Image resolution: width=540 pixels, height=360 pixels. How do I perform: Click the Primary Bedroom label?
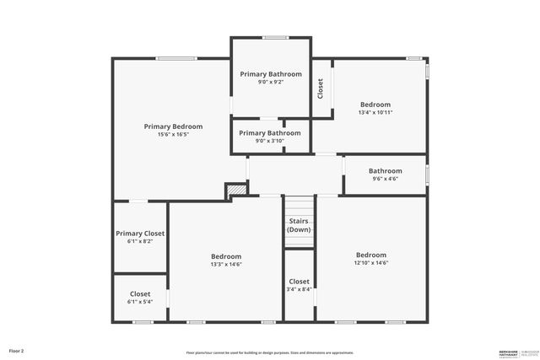173,126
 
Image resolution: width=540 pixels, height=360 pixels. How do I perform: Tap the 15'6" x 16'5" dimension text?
173,135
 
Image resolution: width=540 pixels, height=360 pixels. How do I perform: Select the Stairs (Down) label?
299,225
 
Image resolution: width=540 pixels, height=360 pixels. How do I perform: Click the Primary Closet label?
140,234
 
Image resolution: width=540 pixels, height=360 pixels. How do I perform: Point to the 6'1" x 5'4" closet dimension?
140,302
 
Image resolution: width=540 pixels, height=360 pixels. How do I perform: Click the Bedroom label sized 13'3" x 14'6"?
226,256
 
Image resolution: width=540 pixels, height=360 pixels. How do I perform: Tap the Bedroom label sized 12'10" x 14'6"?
371,255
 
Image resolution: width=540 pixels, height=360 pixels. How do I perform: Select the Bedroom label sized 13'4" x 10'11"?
375,105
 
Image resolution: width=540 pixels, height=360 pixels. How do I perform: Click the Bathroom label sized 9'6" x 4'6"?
386,170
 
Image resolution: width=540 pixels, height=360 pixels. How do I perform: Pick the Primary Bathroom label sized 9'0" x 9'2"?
271,74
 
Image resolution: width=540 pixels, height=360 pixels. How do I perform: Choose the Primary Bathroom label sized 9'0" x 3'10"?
270,132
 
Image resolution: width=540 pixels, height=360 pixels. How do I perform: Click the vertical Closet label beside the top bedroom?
321,89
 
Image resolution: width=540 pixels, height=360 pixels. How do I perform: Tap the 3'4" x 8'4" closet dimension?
300,289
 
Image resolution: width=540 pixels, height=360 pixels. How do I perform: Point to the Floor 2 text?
17,350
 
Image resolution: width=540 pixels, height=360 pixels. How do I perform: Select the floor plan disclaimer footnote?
270,352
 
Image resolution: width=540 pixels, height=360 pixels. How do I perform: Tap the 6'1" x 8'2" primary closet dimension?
140,242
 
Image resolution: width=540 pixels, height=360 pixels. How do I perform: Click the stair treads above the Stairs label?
299,207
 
